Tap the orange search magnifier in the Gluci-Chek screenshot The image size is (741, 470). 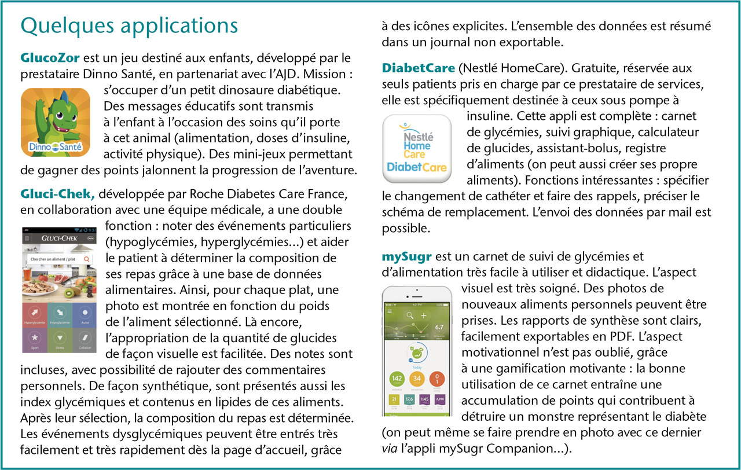pos(86,260)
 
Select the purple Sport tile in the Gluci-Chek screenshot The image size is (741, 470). pos(34,340)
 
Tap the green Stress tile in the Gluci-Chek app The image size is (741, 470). pos(59,340)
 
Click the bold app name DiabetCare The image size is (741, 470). pos(418,68)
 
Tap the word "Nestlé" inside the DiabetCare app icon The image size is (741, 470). pos(418,137)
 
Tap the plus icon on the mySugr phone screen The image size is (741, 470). pos(423,315)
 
